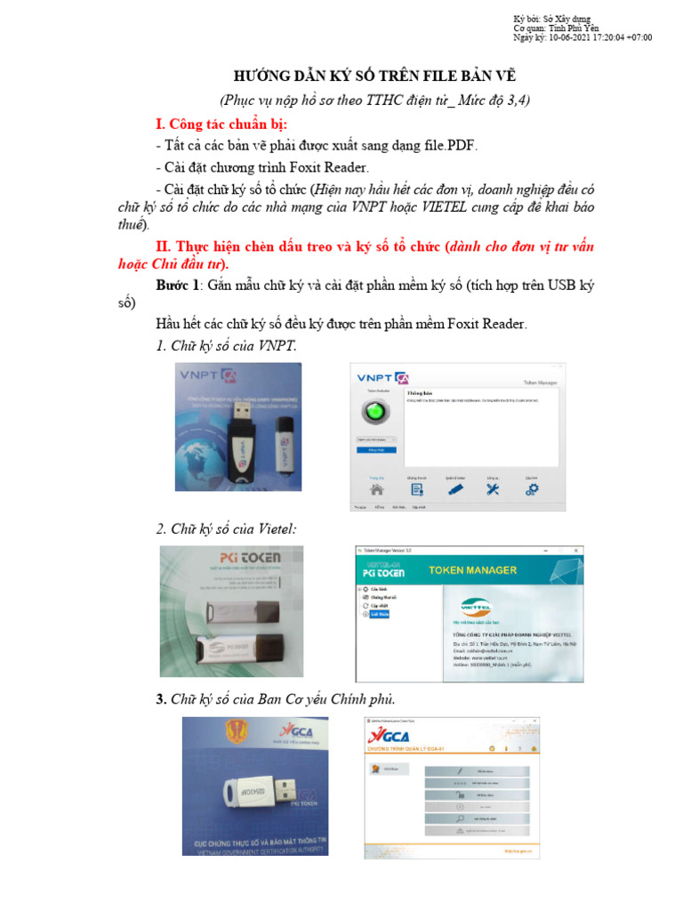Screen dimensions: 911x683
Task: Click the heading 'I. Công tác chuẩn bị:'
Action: pos(221,123)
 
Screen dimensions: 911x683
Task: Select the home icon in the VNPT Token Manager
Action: pos(377,488)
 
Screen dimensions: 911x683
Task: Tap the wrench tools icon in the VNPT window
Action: pos(493,488)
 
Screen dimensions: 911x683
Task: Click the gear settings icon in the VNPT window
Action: pos(532,488)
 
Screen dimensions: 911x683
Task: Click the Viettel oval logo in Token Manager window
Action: pos(474,609)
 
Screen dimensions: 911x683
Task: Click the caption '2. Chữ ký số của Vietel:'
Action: pos(226,528)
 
